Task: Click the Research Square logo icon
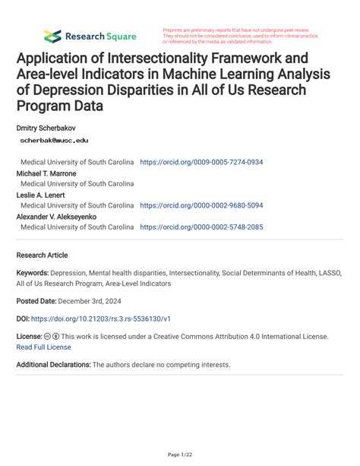click(52, 36)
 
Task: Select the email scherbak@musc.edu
click(54, 141)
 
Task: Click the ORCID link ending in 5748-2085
click(201, 227)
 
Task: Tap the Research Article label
click(42, 255)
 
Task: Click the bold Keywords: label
click(34, 272)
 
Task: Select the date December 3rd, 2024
click(91, 301)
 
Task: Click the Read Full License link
click(43, 347)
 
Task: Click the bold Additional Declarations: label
click(53, 365)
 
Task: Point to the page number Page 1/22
click(179, 455)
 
